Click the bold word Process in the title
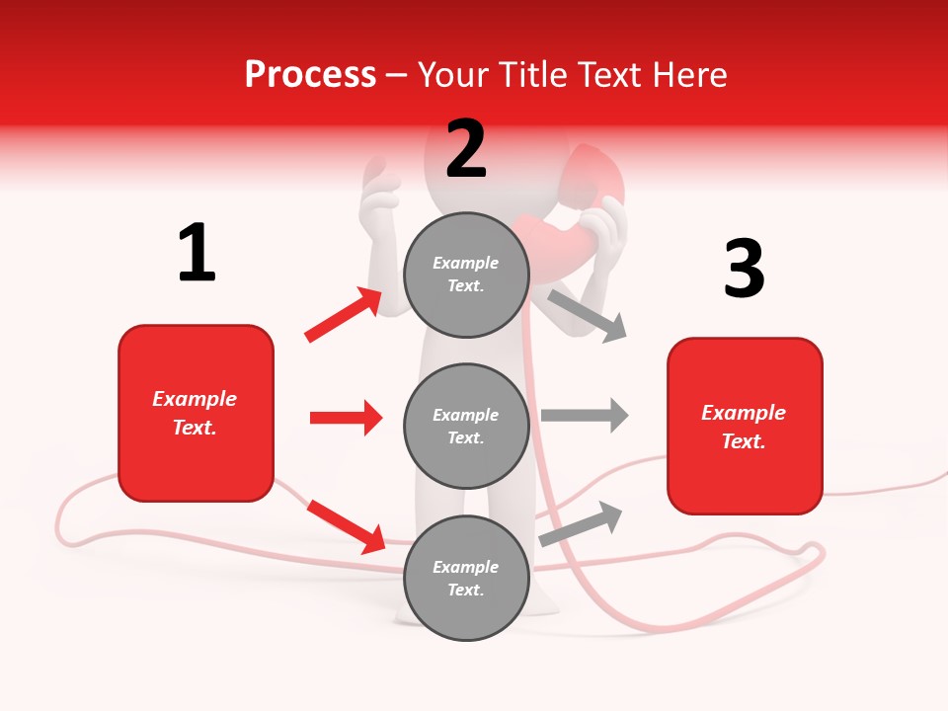tap(310, 75)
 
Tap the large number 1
tap(197, 253)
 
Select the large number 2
tap(466, 149)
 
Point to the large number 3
tap(744, 269)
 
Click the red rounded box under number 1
tap(196, 413)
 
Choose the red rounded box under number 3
tap(745, 426)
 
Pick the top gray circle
tap(466, 275)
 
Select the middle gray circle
tap(466, 426)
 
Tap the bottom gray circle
tap(466, 578)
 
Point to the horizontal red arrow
tap(346, 418)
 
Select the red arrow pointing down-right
tap(346, 525)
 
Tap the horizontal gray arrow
tap(585, 415)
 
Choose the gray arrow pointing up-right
tap(582, 522)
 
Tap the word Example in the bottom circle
tap(466, 567)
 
